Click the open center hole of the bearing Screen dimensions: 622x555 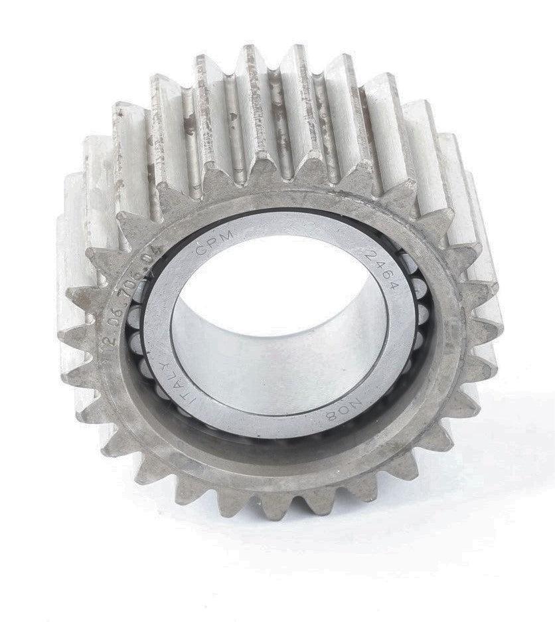click(279, 312)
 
